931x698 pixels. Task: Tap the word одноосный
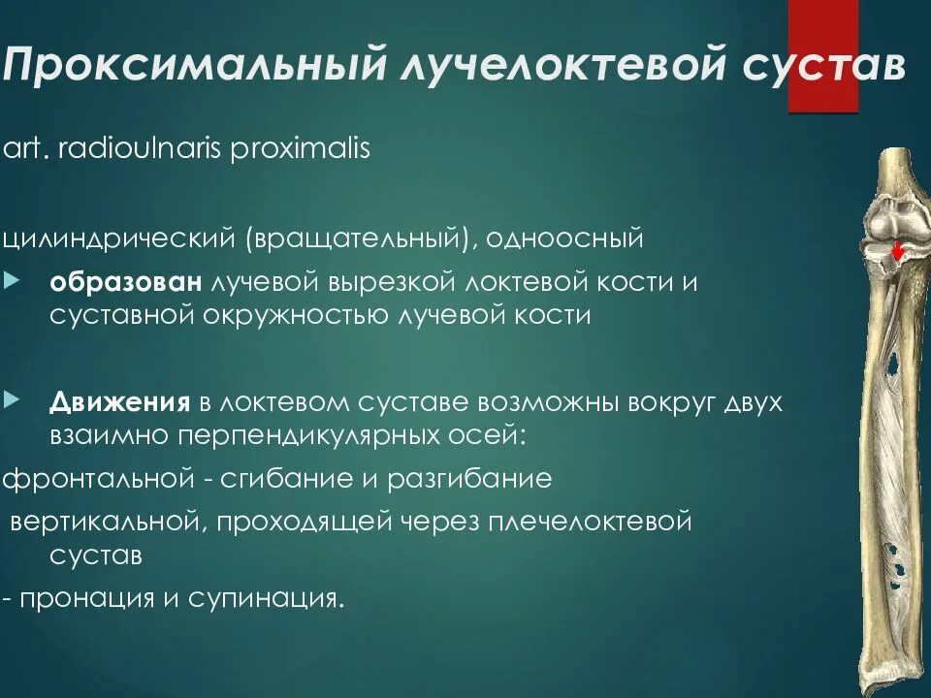(566, 238)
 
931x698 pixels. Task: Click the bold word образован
(125, 283)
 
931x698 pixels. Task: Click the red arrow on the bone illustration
(898, 250)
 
